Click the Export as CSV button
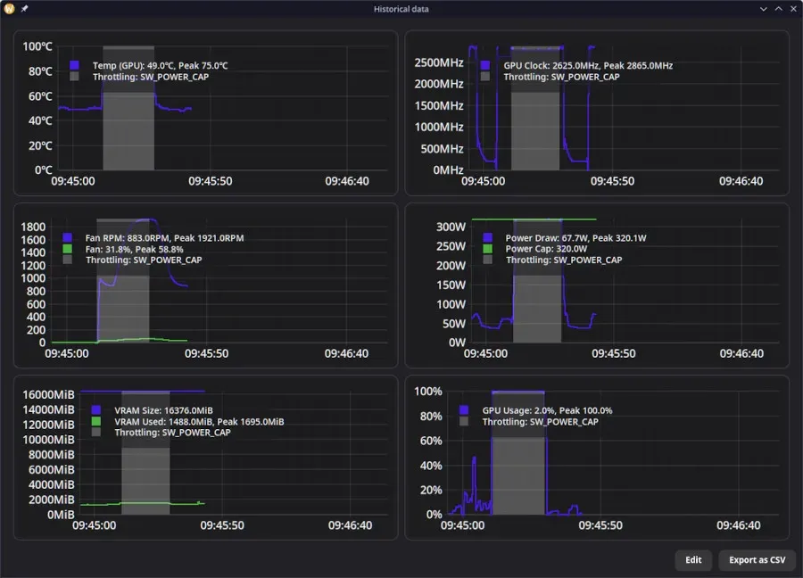click(757, 559)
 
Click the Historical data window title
click(401, 9)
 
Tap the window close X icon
click(793, 9)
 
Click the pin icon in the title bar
click(24, 9)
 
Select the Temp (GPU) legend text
click(161, 65)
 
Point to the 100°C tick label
click(37, 46)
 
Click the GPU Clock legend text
click(588, 65)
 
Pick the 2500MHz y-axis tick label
click(439, 62)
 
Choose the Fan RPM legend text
click(164, 238)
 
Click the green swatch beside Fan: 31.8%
click(67, 249)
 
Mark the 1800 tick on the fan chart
click(33, 227)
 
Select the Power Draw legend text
click(575, 238)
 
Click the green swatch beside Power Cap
click(487, 249)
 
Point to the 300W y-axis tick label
click(451, 227)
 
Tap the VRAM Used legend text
click(199, 422)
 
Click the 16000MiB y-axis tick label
click(49, 395)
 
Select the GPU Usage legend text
click(547, 410)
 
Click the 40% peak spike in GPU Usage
click(474, 458)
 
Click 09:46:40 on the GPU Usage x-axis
click(739, 525)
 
